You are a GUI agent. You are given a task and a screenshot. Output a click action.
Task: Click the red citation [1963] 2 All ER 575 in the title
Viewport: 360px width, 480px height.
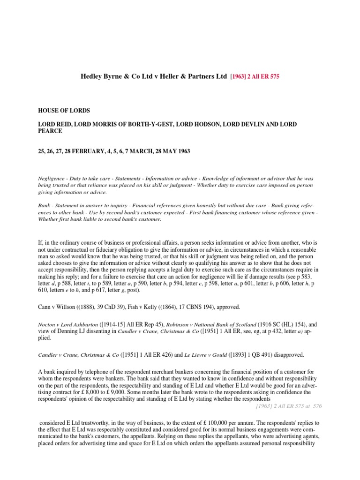(x=254, y=76)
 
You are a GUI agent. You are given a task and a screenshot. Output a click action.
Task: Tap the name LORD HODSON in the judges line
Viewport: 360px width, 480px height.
(x=198, y=123)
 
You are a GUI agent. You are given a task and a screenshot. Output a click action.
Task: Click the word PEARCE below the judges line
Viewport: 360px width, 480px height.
(x=50, y=131)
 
